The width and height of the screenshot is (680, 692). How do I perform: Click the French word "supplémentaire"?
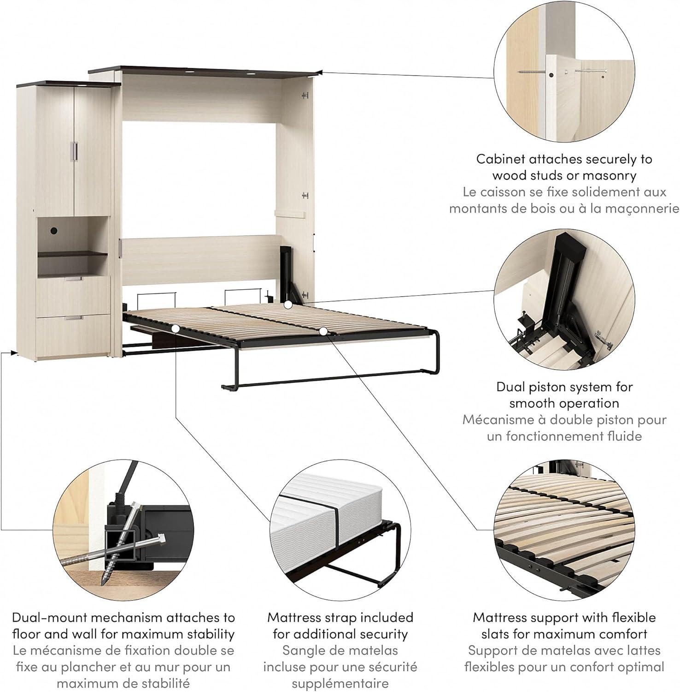tap(340, 684)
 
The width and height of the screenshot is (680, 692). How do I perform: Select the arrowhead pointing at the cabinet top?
tap(320, 72)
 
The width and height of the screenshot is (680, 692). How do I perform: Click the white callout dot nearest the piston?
tap(288, 304)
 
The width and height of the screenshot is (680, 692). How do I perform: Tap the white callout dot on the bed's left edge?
tap(176, 328)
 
